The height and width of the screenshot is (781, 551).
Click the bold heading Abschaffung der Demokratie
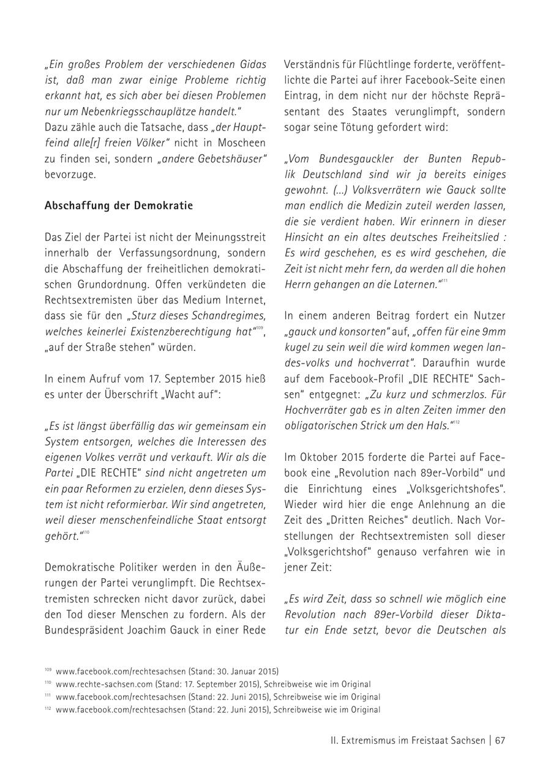click(x=118, y=206)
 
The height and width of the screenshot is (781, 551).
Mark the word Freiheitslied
click(x=467, y=237)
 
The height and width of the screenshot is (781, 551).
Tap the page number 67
click(x=500, y=740)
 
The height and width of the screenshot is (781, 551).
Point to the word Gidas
click(x=250, y=64)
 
